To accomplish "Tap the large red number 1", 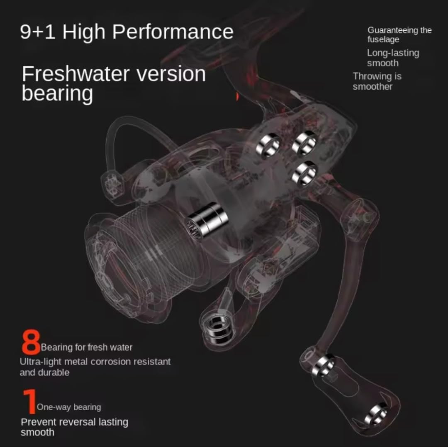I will point(29,401).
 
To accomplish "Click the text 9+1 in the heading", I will point(38,32).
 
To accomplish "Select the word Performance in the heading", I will point(174,32).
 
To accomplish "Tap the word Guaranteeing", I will point(388,30).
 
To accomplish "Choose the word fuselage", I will point(383,40).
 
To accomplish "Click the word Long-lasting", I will point(393,53).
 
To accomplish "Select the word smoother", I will point(373,87).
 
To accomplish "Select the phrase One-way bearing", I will point(69,407).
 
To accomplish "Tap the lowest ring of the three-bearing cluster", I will point(304,173).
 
